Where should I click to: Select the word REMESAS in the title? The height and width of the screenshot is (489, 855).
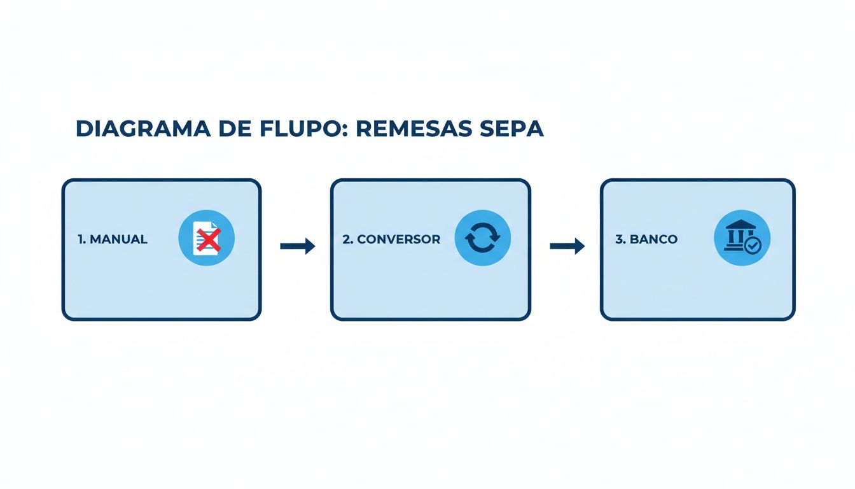(414, 129)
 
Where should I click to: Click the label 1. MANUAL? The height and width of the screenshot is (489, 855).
(113, 239)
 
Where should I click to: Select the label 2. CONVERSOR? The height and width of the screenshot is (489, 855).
(391, 239)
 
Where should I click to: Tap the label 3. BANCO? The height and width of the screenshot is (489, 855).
(646, 239)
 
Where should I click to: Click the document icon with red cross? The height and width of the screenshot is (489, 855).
(207, 239)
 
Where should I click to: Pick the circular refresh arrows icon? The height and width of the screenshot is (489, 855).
(483, 239)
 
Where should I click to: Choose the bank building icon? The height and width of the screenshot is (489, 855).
(742, 239)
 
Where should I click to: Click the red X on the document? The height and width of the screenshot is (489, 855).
(209, 241)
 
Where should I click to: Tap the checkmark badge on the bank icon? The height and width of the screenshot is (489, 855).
(753, 246)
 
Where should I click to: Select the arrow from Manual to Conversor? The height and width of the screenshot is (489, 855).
(298, 246)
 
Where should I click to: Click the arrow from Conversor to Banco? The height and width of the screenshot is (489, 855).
(567, 246)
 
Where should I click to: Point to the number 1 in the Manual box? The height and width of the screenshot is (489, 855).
(81, 239)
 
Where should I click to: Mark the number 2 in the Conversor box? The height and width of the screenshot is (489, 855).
(346, 239)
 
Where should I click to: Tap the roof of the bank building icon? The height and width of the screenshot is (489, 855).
(738, 225)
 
